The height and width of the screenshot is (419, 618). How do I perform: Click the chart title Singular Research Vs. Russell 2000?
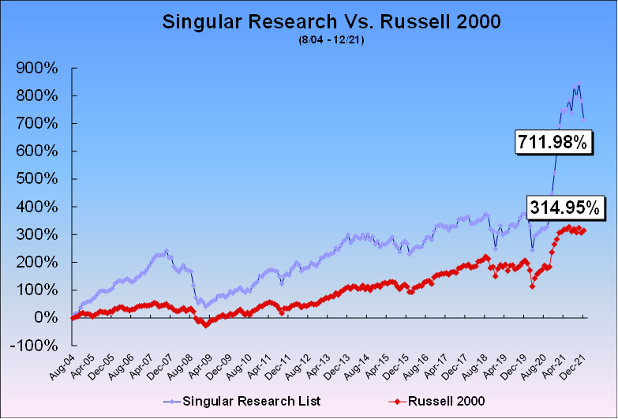[x=331, y=21]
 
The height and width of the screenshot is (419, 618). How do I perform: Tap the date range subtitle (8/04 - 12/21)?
[x=331, y=40]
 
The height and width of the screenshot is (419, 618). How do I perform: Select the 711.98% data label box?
[x=552, y=142]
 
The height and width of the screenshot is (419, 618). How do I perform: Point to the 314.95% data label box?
[x=564, y=208]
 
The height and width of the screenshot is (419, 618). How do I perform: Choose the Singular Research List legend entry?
[x=242, y=402]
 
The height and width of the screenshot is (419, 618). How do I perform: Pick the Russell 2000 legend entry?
[x=436, y=402]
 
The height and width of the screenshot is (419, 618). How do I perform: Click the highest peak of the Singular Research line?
[x=579, y=84]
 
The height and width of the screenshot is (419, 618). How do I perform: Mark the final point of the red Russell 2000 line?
[x=584, y=230]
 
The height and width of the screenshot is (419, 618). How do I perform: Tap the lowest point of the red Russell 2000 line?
[x=205, y=326]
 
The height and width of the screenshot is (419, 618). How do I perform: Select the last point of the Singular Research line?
[x=584, y=120]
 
